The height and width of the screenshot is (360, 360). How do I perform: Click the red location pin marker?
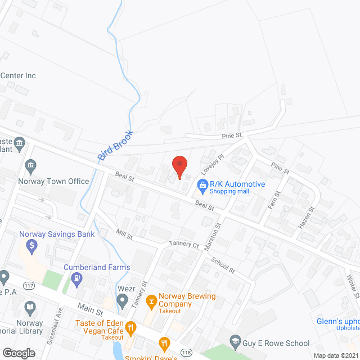point(179,166)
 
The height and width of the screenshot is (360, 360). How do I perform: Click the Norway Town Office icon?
point(30,165)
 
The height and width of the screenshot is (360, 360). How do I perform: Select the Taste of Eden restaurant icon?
point(130,327)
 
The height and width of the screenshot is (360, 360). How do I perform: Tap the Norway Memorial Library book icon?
point(29,308)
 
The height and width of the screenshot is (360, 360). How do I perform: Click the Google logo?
point(19,353)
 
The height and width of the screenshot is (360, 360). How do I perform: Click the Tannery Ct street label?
point(184,245)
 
